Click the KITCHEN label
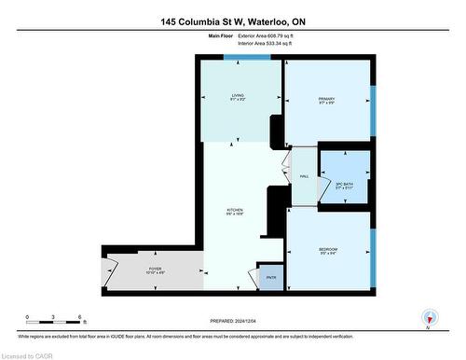[x=235, y=211]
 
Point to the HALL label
[x=304, y=177]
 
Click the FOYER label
[x=155, y=270]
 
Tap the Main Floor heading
[x=221, y=35]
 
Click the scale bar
[x=54, y=323]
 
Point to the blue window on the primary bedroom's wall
[x=373, y=114]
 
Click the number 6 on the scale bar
[x=81, y=315]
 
